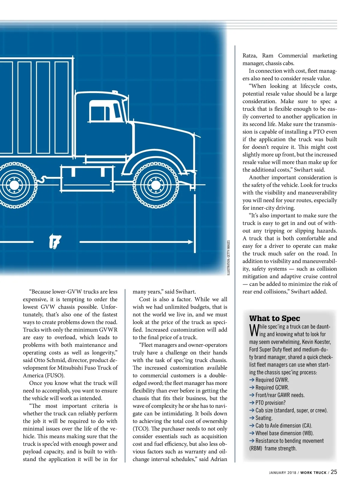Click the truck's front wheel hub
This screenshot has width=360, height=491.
(156, 184)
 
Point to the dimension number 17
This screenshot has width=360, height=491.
(55, 241)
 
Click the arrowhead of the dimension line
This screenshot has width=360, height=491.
(190, 242)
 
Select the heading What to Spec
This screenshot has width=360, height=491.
(274, 318)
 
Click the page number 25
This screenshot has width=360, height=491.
(334, 472)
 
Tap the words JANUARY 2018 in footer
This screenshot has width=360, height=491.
(282, 473)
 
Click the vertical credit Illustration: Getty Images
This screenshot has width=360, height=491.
(229, 258)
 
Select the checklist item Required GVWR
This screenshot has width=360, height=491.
(272, 380)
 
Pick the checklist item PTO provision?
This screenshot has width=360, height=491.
(270, 403)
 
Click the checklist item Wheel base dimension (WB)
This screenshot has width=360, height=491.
(284, 433)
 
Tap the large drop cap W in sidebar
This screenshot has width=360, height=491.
(254, 330)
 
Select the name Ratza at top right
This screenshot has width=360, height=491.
(250, 55)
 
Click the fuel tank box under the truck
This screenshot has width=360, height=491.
(87, 179)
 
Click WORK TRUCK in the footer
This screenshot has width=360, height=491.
(313, 473)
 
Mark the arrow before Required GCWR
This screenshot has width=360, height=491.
(252, 388)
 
